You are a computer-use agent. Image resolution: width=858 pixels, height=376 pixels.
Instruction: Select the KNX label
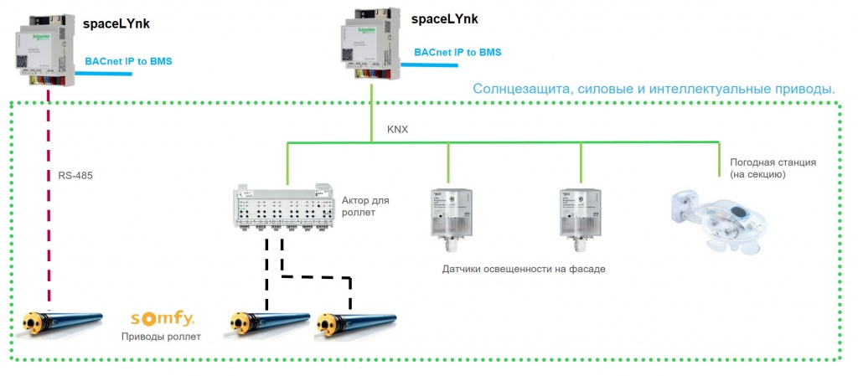(399, 131)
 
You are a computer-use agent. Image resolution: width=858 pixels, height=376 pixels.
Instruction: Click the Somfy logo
(162, 319)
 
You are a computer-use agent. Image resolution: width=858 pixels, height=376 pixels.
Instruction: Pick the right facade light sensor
(581, 217)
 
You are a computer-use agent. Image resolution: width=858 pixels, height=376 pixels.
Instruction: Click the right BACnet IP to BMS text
(457, 52)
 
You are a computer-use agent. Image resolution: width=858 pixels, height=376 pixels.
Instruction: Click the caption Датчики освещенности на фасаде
(523, 269)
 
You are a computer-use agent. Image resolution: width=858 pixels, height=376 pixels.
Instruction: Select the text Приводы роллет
(161, 337)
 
